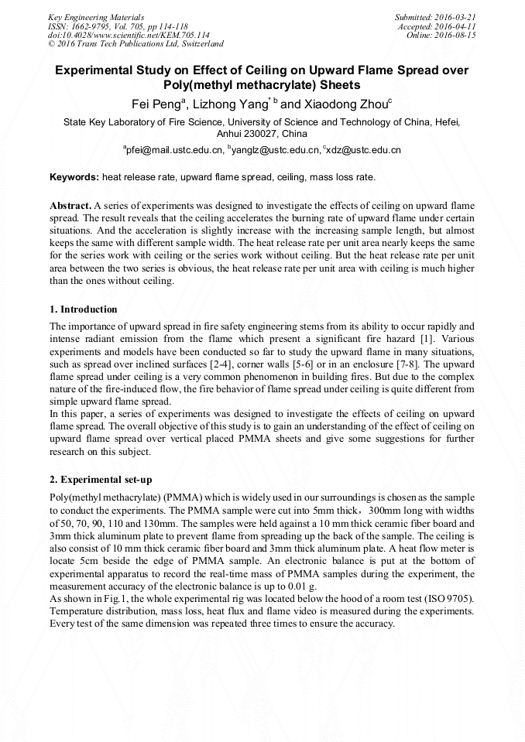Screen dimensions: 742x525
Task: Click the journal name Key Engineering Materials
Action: click(x=95, y=16)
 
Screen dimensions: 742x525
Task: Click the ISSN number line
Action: click(x=118, y=26)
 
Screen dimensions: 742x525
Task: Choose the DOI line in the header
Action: click(x=129, y=35)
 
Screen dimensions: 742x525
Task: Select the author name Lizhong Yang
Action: click(x=228, y=103)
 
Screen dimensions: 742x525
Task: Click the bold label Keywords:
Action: click(x=74, y=177)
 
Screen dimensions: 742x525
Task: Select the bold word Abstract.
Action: click(x=70, y=207)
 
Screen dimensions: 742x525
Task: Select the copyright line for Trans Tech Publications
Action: click(x=136, y=44)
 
